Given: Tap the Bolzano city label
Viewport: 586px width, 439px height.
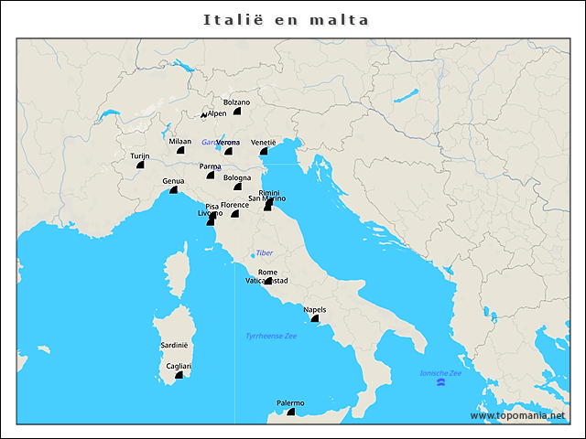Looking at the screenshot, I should [236, 102].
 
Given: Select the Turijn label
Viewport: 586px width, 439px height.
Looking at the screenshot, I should [139, 156].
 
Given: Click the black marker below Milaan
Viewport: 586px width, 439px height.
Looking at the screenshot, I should [180, 150].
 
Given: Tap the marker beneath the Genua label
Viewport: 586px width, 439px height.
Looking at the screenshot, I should [173, 189].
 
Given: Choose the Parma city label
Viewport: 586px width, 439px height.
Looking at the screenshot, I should [211, 166].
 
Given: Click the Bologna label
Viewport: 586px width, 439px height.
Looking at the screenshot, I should [237, 177].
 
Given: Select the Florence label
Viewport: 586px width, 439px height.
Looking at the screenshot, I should [234, 205].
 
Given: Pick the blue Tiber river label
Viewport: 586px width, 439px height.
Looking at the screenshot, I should [265, 252].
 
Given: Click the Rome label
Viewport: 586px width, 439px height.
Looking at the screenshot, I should [267, 273].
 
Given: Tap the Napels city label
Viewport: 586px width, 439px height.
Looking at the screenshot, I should [314, 309].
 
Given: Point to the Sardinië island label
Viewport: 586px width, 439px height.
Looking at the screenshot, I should [174, 346].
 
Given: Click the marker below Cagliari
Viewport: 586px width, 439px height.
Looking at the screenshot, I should [179, 375].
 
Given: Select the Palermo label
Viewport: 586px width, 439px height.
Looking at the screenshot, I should [290, 403].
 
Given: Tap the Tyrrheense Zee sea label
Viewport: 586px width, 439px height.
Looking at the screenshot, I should [271, 337].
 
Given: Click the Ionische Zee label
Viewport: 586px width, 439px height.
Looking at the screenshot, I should [440, 373].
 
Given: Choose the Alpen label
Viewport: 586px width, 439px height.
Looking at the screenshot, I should [217, 113].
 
